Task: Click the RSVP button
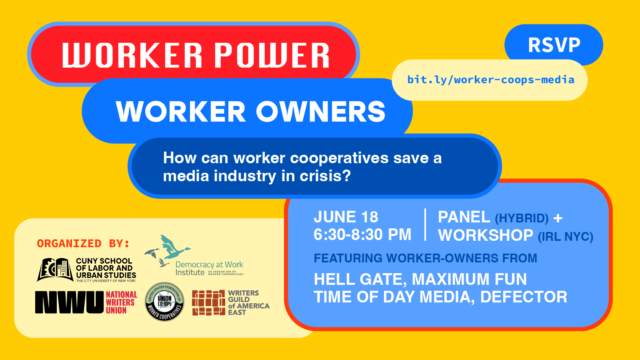pyautogui.click(x=554, y=45)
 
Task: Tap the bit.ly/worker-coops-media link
pyautogui.click(x=490, y=80)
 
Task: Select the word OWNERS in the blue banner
pyautogui.click(x=320, y=112)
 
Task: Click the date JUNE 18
pyautogui.click(x=346, y=217)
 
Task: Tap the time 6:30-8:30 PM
pyautogui.click(x=362, y=235)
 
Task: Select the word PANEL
pyautogui.click(x=464, y=217)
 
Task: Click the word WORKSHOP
pyautogui.click(x=486, y=235)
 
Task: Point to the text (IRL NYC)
pyautogui.click(x=565, y=236)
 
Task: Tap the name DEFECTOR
pyautogui.click(x=524, y=297)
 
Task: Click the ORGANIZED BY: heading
pyautogui.click(x=83, y=243)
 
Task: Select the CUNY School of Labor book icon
pyautogui.click(x=55, y=269)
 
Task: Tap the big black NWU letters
pyautogui.click(x=69, y=302)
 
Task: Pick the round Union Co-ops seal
pyautogui.click(x=164, y=302)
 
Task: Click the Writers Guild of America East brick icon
pyautogui.click(x=208, y=303)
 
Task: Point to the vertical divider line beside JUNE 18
pyautogui.click(x=425, y=225)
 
